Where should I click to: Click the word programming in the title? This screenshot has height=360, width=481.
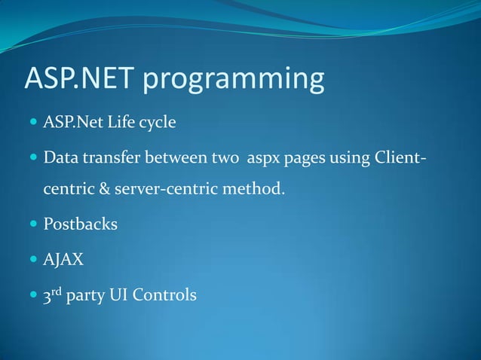coord(240,81)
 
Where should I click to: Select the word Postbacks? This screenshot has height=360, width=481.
coord(81,224)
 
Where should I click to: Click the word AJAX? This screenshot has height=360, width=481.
coord(64,259)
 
